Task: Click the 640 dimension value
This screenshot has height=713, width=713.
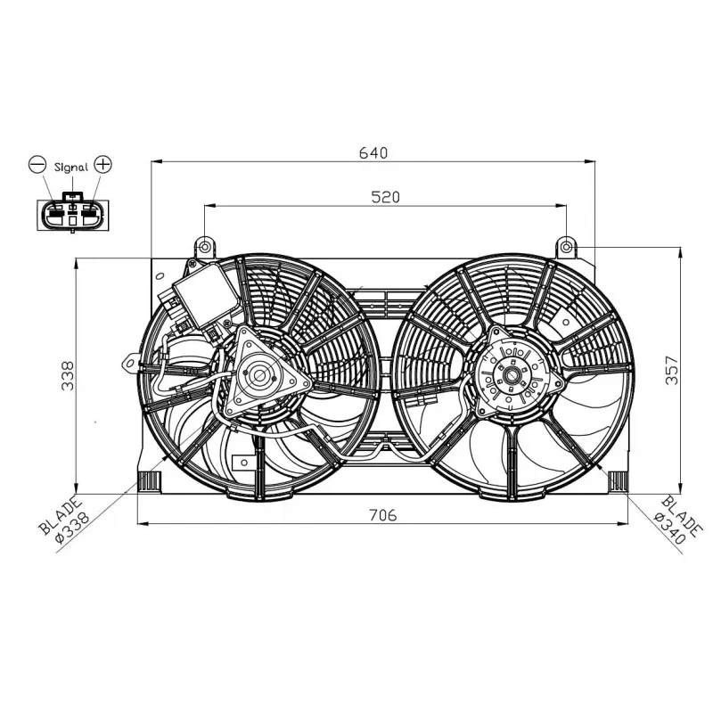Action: click(x=373, y=152)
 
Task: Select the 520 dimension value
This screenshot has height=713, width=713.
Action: click(x=385, y=197)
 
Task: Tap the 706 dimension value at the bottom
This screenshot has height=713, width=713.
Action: click(x=381, y=514)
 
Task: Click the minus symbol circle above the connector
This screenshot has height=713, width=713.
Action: click(x=37, y=165)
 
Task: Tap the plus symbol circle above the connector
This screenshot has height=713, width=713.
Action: click(x=104, y=165)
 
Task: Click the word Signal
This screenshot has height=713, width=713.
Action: click(x=70, y=167)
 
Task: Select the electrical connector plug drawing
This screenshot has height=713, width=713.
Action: click(x=70, y=213)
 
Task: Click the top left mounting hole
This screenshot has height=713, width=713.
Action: click(x=205, y=246)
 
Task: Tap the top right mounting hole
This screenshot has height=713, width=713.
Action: click(x=567, y=245)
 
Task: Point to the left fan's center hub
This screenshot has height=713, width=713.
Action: click(x=259, y=375)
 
